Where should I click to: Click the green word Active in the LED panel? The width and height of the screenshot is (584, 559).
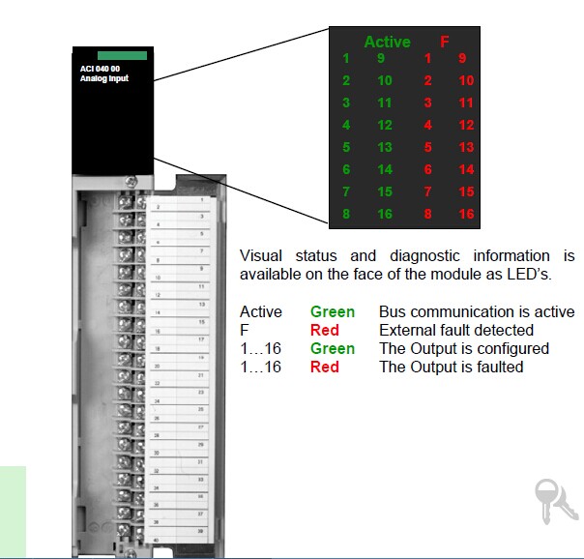pos(387,42)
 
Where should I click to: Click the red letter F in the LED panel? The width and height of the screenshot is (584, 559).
pos(445,42)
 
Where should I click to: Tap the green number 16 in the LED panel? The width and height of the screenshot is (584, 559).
pos(385,214)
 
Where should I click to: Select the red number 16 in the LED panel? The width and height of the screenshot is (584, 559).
pos(467,214)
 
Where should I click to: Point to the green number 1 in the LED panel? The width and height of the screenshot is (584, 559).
pos(345,59)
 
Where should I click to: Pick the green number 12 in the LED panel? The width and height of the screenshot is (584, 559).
pos(385,125)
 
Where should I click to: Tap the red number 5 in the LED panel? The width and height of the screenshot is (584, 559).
pos(427,147)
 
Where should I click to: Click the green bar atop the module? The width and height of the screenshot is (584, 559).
pos(122,56)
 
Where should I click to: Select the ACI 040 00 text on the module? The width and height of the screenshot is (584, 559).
pos(101,69)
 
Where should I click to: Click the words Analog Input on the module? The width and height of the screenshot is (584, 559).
pos(103,78)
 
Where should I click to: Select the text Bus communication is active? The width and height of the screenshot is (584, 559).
pos(477,312)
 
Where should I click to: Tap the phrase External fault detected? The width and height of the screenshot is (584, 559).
pos(456,331)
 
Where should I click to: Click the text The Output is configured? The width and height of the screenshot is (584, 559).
pos(464,348)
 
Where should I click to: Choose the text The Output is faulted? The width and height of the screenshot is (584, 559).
pos(451,367)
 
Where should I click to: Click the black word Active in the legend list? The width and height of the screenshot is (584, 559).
pos(261,312)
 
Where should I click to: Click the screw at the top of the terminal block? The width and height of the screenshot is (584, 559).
pos(131,181)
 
